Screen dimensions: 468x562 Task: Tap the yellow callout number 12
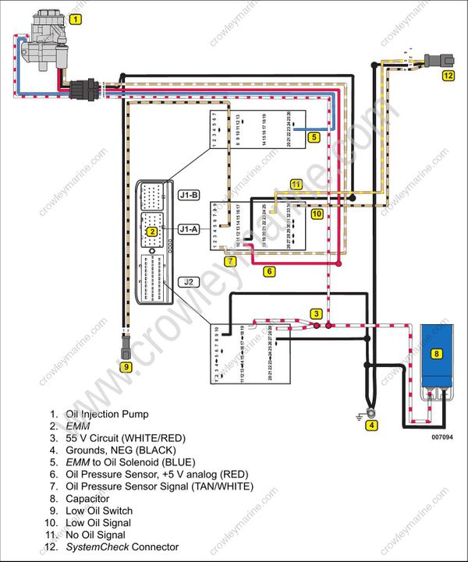(448, 76)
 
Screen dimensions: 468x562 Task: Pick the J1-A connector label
(189, 229)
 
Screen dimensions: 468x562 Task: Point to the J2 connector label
(189, 281)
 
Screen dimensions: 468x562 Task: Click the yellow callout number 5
(313, 136)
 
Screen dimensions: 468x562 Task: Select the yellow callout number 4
(372, 426)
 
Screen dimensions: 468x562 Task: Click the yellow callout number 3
(316, 313)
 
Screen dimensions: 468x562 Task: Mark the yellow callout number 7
(231, 262)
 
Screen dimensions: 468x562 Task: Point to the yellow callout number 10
(317, 213)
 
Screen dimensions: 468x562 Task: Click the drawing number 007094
(441, 437)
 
